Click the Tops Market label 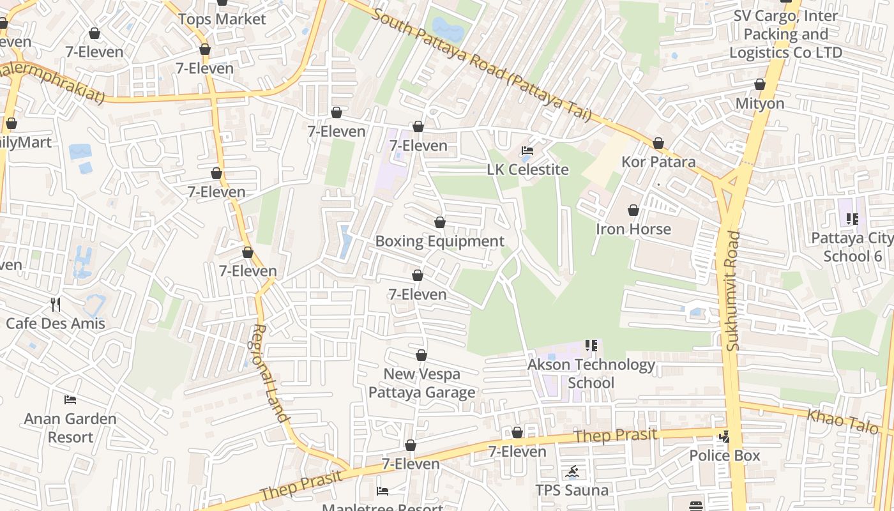(x=222, y=19)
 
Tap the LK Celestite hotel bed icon (x=527, y=151)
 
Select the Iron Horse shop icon (x=633, y=210)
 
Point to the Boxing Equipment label (x=439, y=241)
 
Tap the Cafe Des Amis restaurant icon (x=56, y=305)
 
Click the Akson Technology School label (x=591, y=374)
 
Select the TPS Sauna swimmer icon (x=572, y=473)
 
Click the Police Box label (x=724, y=455)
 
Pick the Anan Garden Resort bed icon (x=70, y=400)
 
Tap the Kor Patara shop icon (x=658, y=144)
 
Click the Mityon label (x=760, y=103)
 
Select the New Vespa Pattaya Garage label (x=421, y=383)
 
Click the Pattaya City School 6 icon (x=852, y=220)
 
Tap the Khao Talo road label (x=842, y=422)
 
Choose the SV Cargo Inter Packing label (x=785, y=34)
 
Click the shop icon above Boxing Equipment (x=439, y=223)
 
